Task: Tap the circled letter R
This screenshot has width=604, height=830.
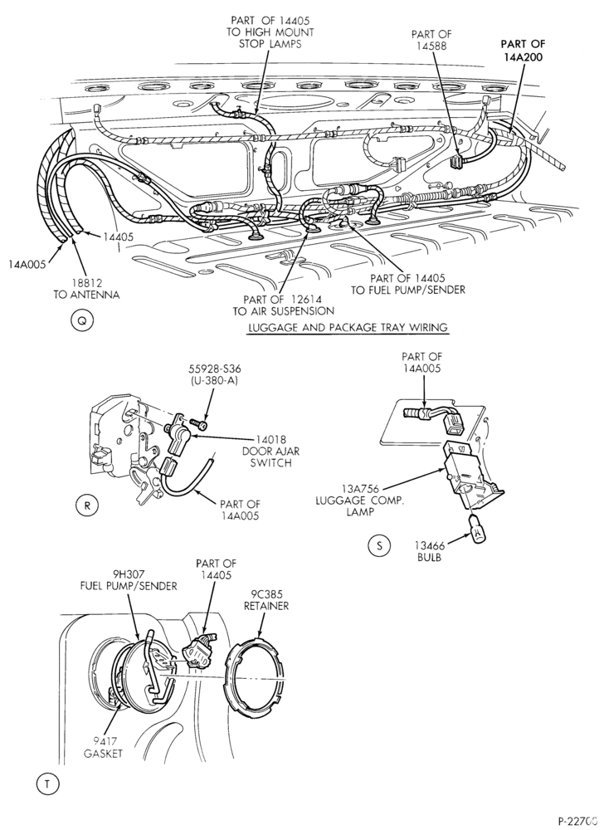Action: click(x=87, y=505)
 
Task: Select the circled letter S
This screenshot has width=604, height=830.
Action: click(x=378, y=546)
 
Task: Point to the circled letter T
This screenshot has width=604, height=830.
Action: click(x=47, y=784)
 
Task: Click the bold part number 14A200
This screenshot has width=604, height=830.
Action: click(x=523, y=57)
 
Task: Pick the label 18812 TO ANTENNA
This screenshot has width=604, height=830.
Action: click(x=86, y=289)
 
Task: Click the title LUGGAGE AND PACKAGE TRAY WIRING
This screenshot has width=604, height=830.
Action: click(x=348, y=328)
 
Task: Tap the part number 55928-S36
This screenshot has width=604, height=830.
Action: click(x=211, y=369)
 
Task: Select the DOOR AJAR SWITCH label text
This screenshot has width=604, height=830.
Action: click(x=266, y=457)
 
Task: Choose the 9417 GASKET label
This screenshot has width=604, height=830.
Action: click(x=103, y=747)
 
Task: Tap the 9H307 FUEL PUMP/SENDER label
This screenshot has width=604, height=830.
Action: click(x=129, y=580)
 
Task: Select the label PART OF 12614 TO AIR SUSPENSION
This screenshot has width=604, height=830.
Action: click(x=283, y=305)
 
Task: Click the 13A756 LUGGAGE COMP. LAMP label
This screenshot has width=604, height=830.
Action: click(x=359, y=500)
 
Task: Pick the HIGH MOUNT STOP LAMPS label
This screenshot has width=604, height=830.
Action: click(x=270, y=37)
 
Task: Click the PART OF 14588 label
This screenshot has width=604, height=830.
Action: click(x=431, y=40)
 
